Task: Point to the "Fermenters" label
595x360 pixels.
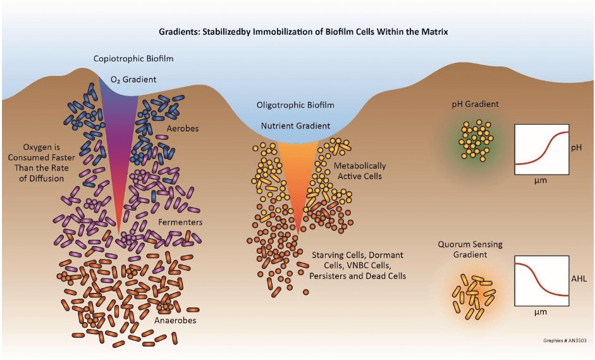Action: point(181,223)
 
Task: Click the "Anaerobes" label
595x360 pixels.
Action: point(175,321)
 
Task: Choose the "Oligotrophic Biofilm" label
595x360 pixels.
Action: point(295,104)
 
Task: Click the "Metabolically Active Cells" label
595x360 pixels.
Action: point(360,171)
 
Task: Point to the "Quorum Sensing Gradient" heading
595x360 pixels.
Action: point(467,249)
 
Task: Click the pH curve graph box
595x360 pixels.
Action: point(539,149)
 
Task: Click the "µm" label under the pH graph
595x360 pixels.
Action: point(539,182)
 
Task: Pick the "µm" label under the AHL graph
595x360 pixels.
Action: point(539,313)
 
